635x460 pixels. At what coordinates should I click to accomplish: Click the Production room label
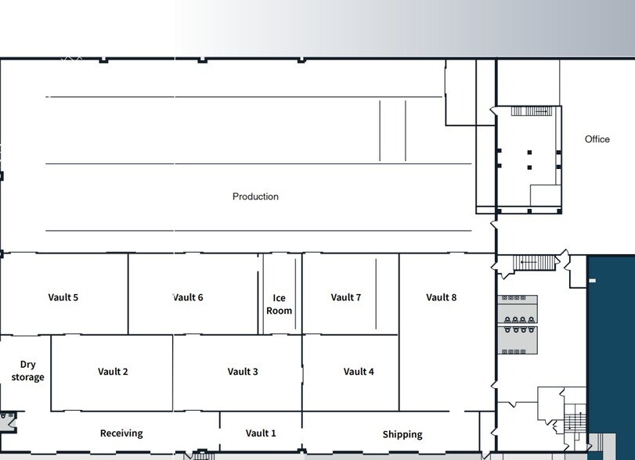pos(255,196)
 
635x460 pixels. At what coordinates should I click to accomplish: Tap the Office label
pos(597,139)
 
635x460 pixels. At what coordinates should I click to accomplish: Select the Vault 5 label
pos(63,297)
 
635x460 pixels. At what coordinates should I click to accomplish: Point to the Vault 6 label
pos(188,297)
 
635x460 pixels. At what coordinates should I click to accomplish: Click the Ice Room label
pos(280,304)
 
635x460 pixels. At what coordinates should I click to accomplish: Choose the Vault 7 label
pos(346,297)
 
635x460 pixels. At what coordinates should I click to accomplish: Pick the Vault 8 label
pos(442,297)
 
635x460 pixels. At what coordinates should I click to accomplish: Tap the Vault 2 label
pos(113,372)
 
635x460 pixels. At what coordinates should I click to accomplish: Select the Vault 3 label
pos(243,372)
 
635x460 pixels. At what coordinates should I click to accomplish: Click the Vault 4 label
pos(359,372)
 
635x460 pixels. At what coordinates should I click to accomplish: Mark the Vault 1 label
pos(261,433)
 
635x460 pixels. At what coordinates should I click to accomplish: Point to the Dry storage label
pos(27,371)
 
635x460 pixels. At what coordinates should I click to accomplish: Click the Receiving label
pos(121,433)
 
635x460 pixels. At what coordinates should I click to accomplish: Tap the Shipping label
pos(402,434)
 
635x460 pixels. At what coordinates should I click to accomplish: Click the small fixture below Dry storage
pos(6,420)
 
